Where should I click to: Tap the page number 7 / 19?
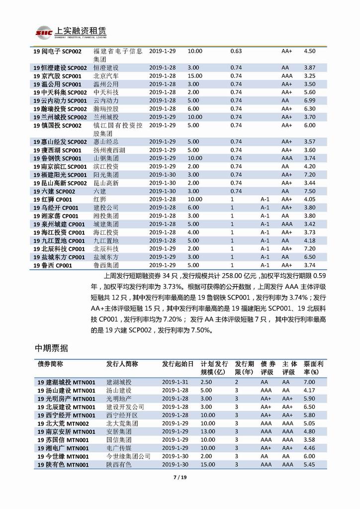tap(180, 479)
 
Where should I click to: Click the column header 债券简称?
tap(51, 364)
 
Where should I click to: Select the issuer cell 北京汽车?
tap(106, 76)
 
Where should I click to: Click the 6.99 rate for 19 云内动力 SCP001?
tap(309, 100)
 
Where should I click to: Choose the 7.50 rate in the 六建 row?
tap(309, 191)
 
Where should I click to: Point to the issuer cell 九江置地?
tap(106, 240)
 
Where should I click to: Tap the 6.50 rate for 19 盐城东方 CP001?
tap(309, 257)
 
